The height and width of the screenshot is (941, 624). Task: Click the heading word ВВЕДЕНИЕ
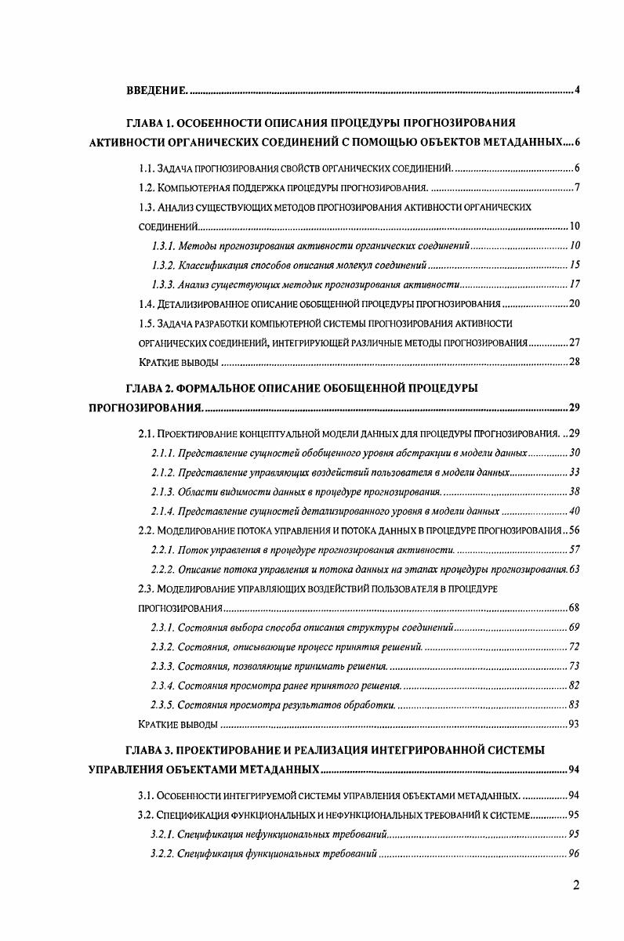[x=156, y=90]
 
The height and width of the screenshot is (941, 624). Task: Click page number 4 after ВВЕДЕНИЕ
[x=576, y=90]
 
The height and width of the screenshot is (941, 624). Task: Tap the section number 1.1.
[x=146, y=168]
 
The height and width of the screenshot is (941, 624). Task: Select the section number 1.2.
[x=146, y=188]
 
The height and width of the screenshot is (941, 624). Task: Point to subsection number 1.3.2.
[x=163, y=265]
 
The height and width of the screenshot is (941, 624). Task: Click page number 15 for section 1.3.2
[x=573, y=265]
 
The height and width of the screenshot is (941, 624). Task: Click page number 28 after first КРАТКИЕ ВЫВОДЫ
[x=573, y=362]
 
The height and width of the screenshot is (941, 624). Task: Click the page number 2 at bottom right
[x=576, y=886]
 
